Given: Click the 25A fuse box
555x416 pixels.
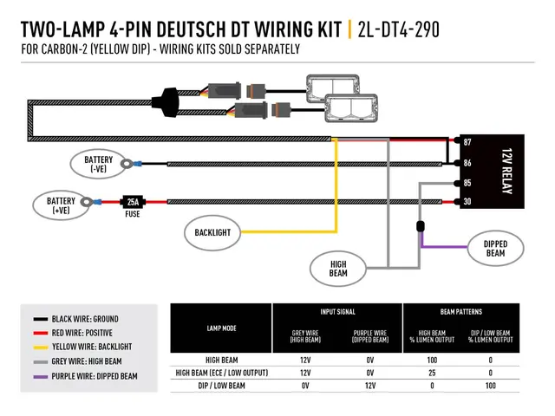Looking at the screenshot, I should click(x=132, y=201).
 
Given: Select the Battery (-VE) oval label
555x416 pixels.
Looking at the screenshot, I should click(x=98, y=164).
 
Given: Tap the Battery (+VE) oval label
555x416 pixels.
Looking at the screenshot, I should click(x=60, y=205).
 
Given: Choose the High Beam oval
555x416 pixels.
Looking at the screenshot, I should click(x=338, y=266).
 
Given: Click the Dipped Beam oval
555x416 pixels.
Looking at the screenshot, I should click(x=495, y=248).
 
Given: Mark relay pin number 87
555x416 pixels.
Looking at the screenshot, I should click(x=468, y=141).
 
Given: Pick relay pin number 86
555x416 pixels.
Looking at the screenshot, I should click(x=468, y=162).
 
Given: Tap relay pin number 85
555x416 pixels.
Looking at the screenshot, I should click(x=468, y=183).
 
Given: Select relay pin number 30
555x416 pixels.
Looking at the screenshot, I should click(x=468, y=203).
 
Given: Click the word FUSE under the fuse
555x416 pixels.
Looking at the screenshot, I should click(x=132, y=214).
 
